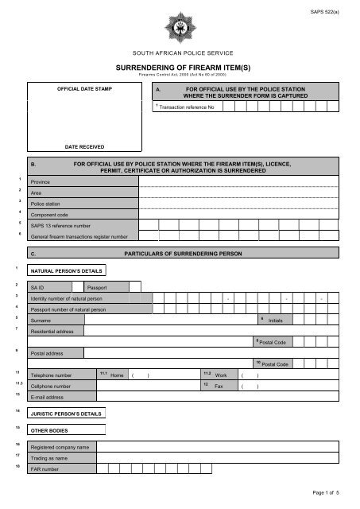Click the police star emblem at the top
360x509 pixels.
pos(179,25)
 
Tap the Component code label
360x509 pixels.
pos(49,216)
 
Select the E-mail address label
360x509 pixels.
pos(48,396)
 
